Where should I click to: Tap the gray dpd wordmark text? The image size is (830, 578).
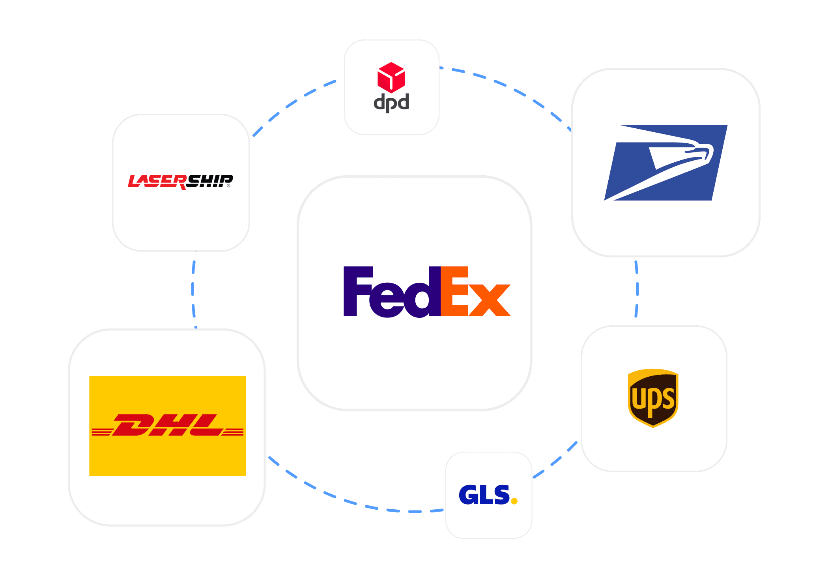click(391, 103)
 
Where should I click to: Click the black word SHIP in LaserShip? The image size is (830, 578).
click(209, 181)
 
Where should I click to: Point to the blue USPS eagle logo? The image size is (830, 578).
click(666, 163)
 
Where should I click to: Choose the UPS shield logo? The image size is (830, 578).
click(653, 398)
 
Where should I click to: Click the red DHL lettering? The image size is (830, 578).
click(168, 425)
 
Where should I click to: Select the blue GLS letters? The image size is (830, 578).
click(484, 495)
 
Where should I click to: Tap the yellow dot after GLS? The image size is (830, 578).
click(514, 501)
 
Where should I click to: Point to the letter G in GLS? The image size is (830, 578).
click(468, 495)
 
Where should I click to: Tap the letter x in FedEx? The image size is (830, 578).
click(489, 300)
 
